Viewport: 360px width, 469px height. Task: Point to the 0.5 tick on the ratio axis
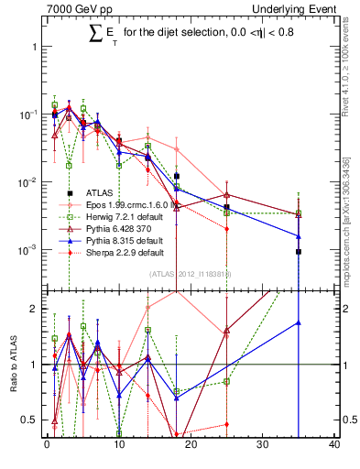(33, 420)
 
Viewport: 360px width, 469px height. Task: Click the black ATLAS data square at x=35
(299, 251)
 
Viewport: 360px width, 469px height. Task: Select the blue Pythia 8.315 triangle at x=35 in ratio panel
(299, 322)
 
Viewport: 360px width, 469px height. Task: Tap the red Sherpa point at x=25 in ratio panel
(226, 424)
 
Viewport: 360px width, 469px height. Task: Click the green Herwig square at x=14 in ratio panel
(147, 330)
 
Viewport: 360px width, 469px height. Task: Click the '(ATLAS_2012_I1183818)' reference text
(191, 273)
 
